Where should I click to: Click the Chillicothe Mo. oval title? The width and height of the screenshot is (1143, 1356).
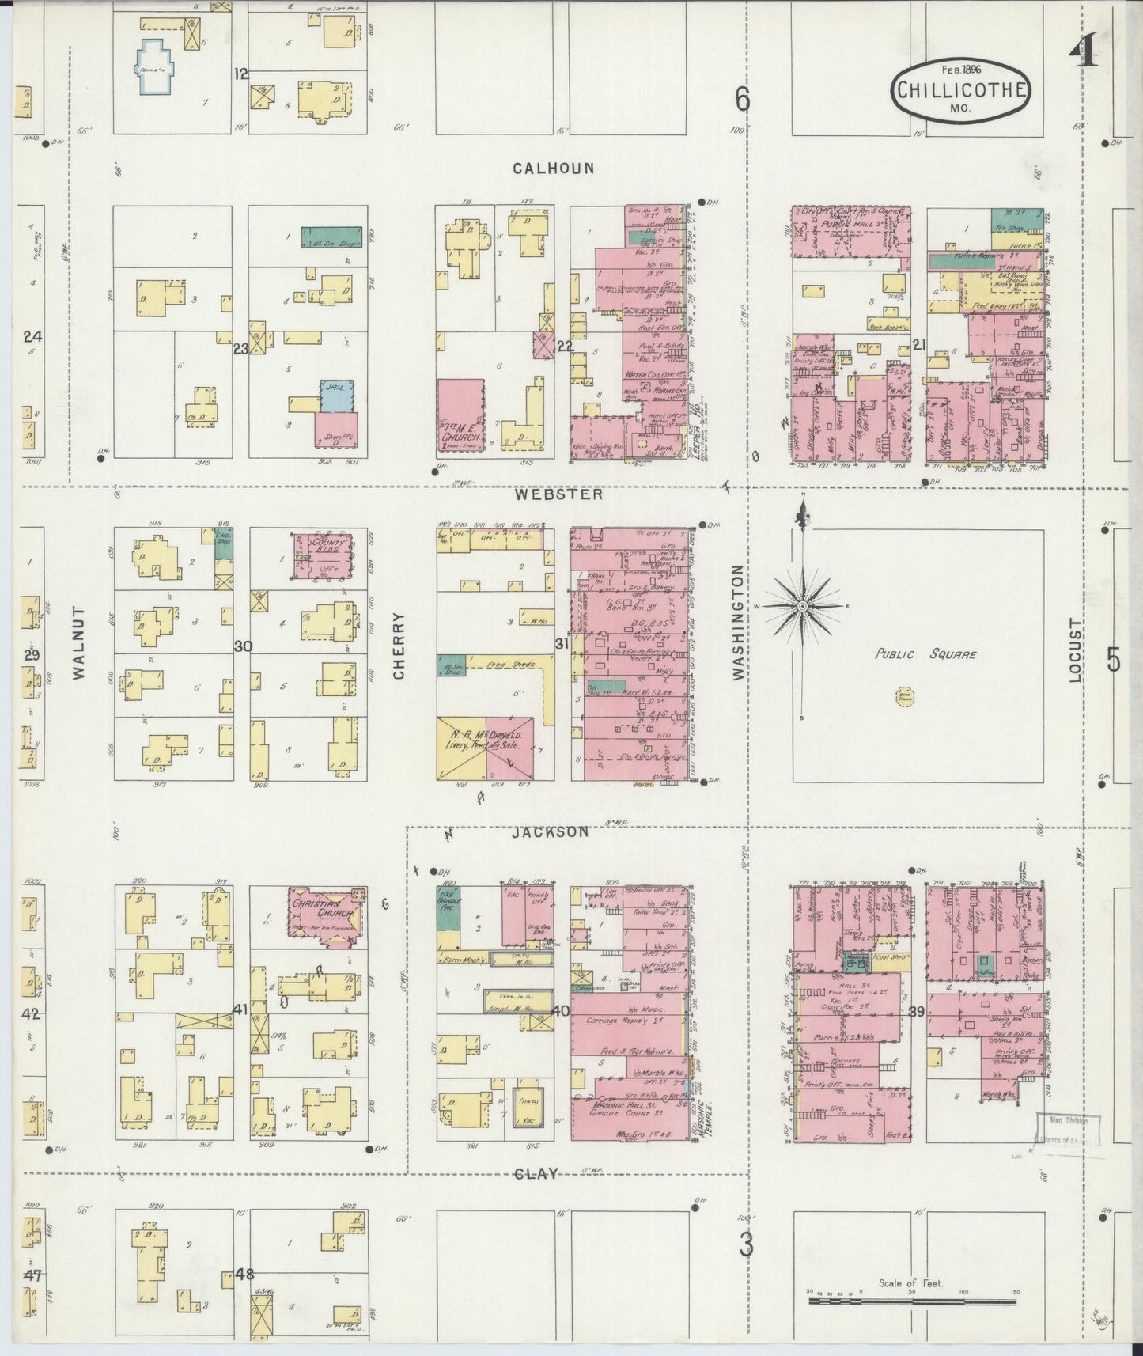click(961, 92)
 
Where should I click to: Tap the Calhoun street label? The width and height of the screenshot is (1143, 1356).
click(553, 168)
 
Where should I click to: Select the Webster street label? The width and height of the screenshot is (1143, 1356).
click(558, 494)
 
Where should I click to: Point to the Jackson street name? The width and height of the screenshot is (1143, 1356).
click(550, 831)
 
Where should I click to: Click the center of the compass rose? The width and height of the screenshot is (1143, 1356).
click(802, 606)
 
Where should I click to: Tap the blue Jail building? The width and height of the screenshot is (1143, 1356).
click(337, 396)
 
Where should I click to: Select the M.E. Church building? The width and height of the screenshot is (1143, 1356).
click(461, 415)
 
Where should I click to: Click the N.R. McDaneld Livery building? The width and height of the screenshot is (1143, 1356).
click(485, 749)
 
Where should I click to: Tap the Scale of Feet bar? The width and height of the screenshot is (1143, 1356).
click(912, 1301)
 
